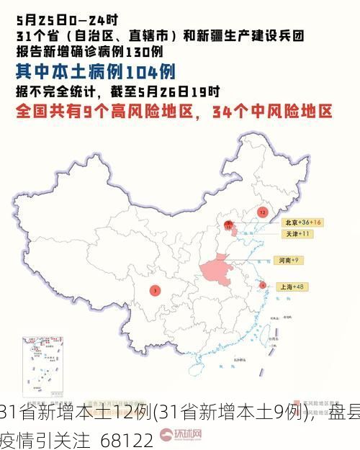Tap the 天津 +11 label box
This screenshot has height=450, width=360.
pos(295,234)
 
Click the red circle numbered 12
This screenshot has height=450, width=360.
pos(262,212)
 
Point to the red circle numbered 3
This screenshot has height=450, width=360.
pos(155,290)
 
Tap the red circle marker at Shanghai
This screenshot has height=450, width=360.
pos(262,285)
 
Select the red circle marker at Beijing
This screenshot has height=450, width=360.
pos(229,226)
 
